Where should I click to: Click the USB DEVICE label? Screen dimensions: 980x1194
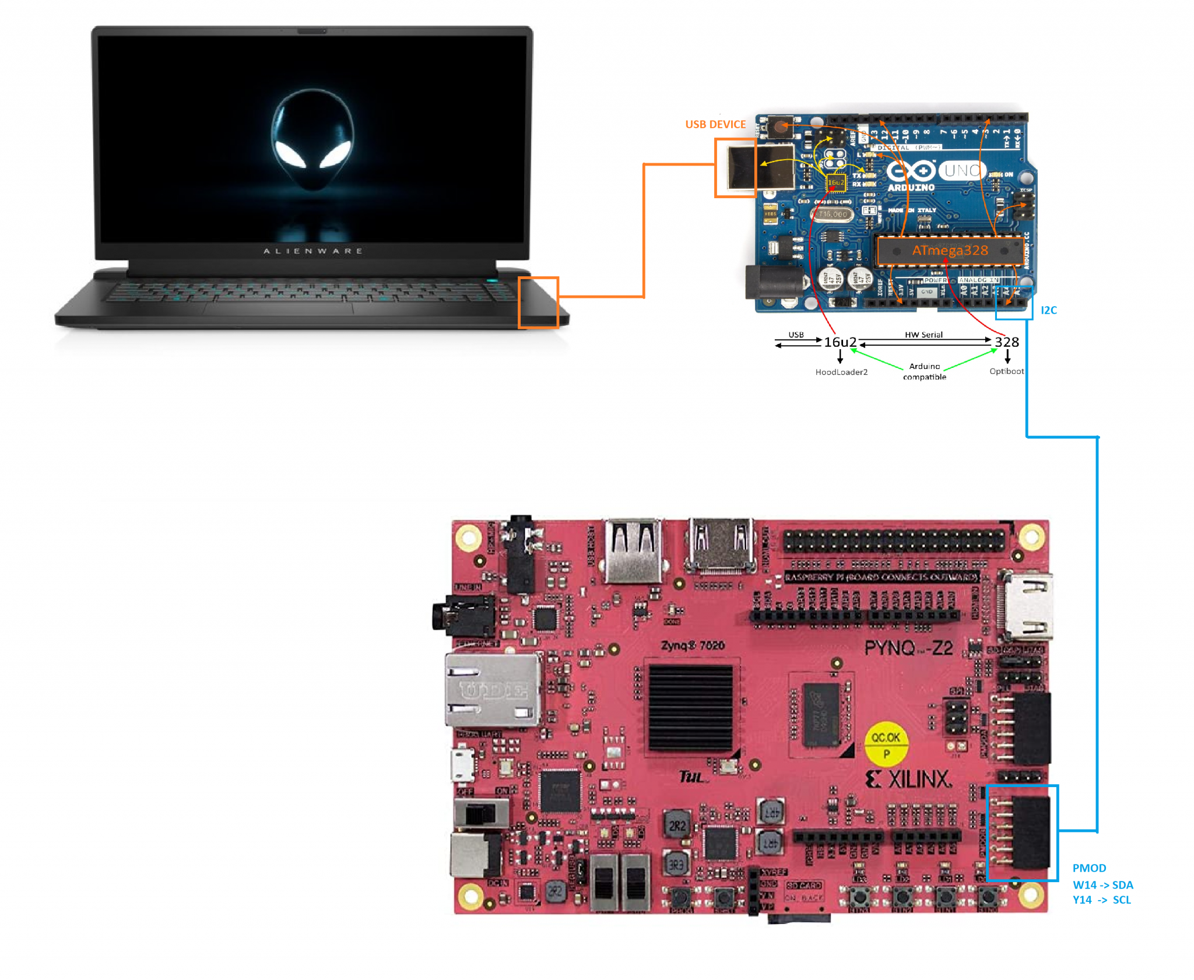point(715,124)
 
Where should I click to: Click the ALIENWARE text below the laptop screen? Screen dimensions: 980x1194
point(313,251)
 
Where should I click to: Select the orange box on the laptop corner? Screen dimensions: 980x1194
point(538,303)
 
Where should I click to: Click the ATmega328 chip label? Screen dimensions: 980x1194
point(950,251)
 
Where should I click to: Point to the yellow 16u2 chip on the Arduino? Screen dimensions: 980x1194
point(835,182)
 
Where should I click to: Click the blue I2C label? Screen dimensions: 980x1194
point(1048,310)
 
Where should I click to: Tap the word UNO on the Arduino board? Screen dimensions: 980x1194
point(962,170)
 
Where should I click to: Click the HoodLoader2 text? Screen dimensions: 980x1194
point(841,372)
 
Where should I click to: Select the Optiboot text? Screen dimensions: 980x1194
point(1006,371)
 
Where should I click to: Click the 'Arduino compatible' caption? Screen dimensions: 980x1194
point(925,371)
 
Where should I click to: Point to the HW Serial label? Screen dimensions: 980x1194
point(923,335)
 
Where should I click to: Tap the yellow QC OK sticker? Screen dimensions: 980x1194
point(886,745)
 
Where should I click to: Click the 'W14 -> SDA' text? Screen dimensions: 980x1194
point(1102,885)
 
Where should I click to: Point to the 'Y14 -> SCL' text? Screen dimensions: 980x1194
point(1101,900)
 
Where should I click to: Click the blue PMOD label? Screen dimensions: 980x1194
point(1088,868)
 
